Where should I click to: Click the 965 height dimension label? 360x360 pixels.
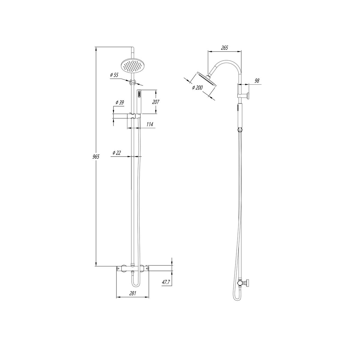tap(96, 157)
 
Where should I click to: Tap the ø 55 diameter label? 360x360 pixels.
tap(114, 75)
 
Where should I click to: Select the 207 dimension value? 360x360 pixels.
tap(155, 102)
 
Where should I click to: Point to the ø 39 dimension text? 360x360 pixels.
tap(120, 102)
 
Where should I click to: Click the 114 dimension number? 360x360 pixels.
tap(150, 124)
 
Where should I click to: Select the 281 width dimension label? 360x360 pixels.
tap(133, 293)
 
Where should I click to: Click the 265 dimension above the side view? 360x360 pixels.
tap(224, 48)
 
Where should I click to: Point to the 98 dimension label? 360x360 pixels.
tap(257, 81)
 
